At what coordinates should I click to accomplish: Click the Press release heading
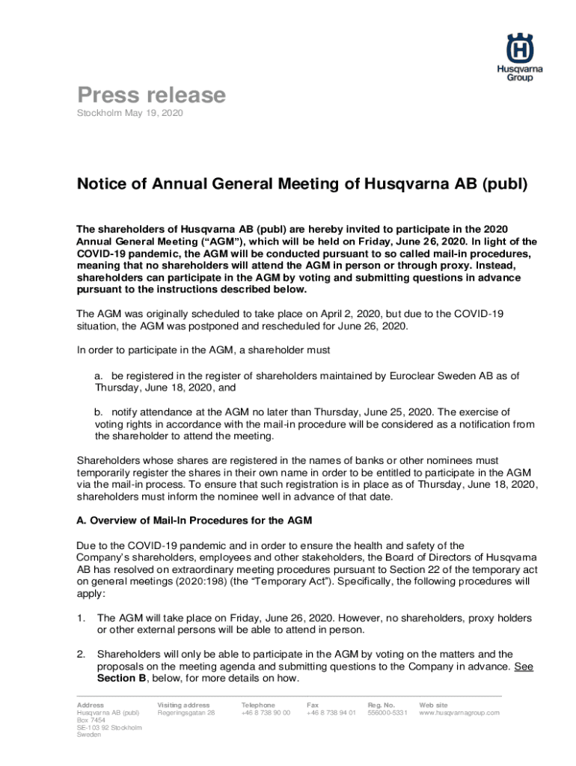pyautogui.click(x=152, y=95)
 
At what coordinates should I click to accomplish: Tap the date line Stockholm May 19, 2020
pyautogui.click(x=130, y=113)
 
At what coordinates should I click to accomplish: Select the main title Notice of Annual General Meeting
pyautogui.click(x=303, y=184)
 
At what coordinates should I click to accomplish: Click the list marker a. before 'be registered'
pyautogui.click(x=99, y=376)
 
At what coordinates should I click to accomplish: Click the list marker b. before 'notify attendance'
pyautogui.click(x=99, y=412)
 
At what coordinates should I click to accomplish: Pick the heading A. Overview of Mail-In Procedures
pyautogui.click(x=194, y=520)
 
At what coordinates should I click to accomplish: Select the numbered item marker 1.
pyautogui.click(x=82, y=618)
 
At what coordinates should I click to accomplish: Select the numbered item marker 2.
pyautogui.click(x=82, y=654)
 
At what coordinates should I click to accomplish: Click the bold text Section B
pyautogui.click(x=120, y=678)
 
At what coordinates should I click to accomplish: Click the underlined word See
pyautogui.click(x=524, y=666)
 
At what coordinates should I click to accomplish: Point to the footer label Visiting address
pyautogui.click(x=183, y=705)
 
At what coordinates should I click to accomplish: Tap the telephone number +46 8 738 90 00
pyautogui.click(x=266, y=713)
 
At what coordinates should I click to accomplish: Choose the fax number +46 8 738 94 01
pyautogui.click(x=331, y=713)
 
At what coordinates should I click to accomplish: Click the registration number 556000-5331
pyautogui.click(x=387, y=713)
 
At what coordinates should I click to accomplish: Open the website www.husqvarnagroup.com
pyautogui.click(x=459, y=713)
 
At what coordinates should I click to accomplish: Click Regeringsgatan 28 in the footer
pyautogui.click(x=186, y=713)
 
